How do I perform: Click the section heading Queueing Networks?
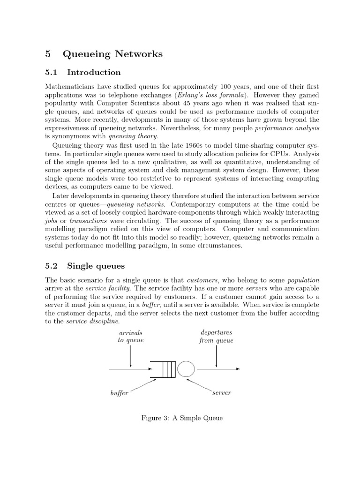[x=112, y=54]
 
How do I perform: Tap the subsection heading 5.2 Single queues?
[x=84, y=266]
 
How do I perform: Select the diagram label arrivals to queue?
[x=130, y=337]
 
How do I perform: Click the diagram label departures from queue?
[x=216, y=337]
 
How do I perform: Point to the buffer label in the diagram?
[x=119, y=393]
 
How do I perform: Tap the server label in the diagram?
[x=221, y=393]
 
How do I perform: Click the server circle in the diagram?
[x=186, y=369]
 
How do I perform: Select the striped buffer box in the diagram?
[x=166, y=369]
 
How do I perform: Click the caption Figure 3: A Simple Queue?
[x=182, y=418]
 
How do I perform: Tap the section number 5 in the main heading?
[x=48, y=54]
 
